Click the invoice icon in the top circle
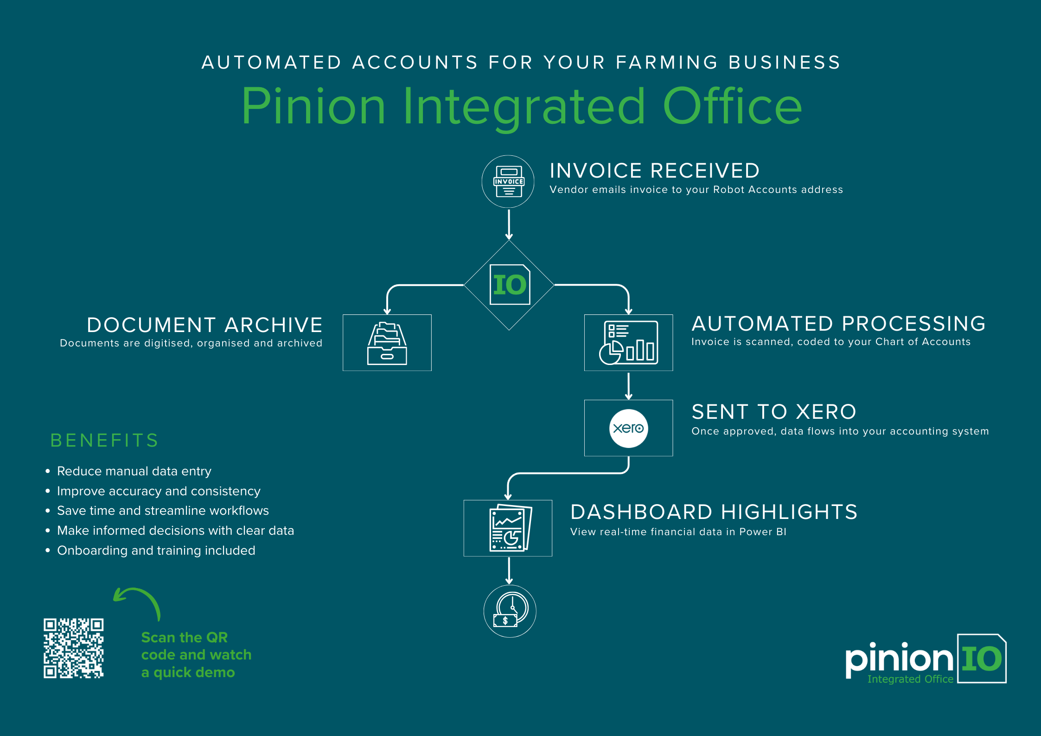point(508,181)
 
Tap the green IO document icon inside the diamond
point(510,284)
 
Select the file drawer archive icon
point(387,343)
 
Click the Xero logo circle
point(628,428)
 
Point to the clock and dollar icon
point(510,611)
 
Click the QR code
point(74,648)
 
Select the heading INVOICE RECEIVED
point(654,171)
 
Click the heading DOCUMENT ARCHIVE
point(204,325)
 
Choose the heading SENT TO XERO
point(773,412)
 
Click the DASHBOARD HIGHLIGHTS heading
point(714,512)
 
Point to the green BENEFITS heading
point(104,441)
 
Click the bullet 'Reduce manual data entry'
point(134,471)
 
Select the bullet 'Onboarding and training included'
point(156,550)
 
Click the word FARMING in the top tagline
point(667,63)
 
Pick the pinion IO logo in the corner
point(926,659)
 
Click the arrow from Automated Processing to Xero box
point(628,386)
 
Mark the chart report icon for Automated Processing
point(628,343)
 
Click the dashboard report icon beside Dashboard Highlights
point(509,528)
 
